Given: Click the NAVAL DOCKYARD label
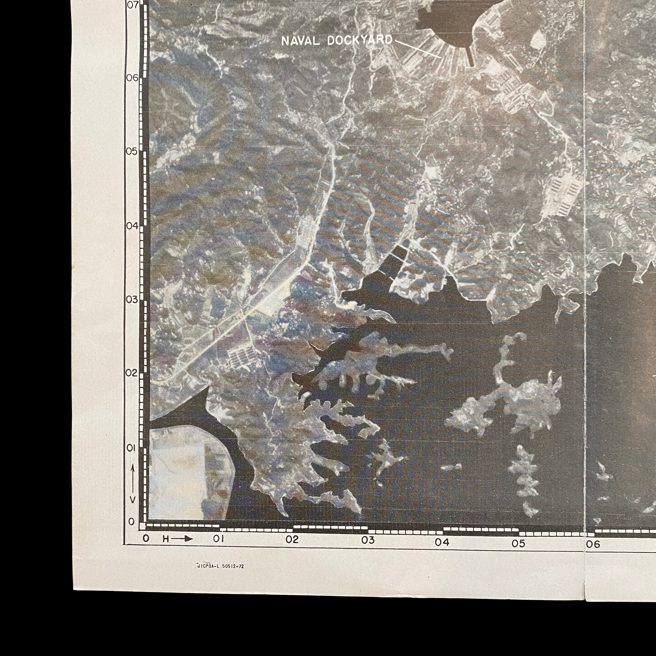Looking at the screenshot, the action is pyautogui.click(x=336, y=41).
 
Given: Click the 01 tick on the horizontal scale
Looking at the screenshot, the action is pyautogui.click(x=218, y=539).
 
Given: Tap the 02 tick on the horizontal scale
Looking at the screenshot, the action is pyautogui.click(x=292, y=539).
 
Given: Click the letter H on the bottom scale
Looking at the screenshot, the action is pyautogui.click(x=166, y=539).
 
